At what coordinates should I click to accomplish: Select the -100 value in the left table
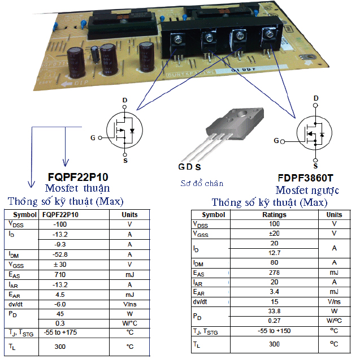(x=60, y=224)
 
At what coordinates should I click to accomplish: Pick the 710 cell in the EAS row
(x=60, y=274)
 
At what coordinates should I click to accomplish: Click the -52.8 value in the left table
(x=60, y=254)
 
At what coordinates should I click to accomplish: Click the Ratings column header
(x=275, y=215)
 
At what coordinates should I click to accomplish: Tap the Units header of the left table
(x=129, y=215)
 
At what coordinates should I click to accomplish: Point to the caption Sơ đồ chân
(x=202, y=183)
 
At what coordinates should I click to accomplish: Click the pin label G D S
(x=189, y=167)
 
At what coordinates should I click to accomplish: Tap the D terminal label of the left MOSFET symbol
(x=125, y=101)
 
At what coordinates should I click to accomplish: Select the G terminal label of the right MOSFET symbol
(x=276, y=140)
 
